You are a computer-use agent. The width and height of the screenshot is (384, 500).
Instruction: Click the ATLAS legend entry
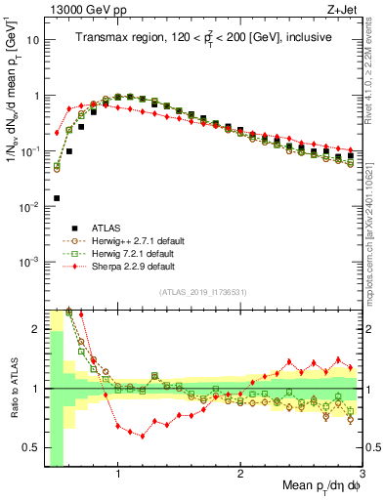coord(103,228)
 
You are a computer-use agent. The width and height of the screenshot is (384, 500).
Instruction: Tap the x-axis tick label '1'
coord(118,474)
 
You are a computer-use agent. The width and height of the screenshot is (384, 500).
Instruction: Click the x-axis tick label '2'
coord(240,474)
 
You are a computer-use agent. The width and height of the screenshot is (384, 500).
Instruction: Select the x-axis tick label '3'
coord(362,474)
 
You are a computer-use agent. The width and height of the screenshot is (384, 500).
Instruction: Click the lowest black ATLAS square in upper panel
coord(57,198)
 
